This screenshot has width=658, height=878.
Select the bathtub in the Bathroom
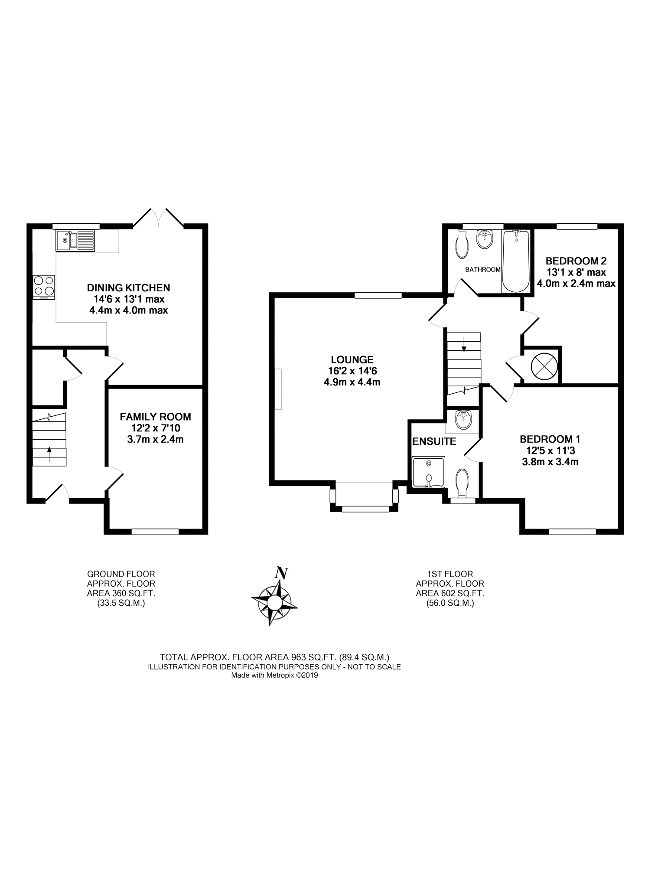pos(516,261)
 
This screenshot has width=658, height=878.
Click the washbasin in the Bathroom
pos(485,239)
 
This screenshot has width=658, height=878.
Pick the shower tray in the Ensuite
pos(429,472)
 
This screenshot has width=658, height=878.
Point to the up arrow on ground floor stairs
pos(49,454)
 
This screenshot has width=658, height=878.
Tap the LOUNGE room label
pos(352,359)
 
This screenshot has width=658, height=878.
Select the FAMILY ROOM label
pos(155,417)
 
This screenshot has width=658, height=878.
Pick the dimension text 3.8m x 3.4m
pos(550,462)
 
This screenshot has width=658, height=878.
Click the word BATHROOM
pos(483,269)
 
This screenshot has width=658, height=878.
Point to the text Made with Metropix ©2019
pos(274,675)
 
